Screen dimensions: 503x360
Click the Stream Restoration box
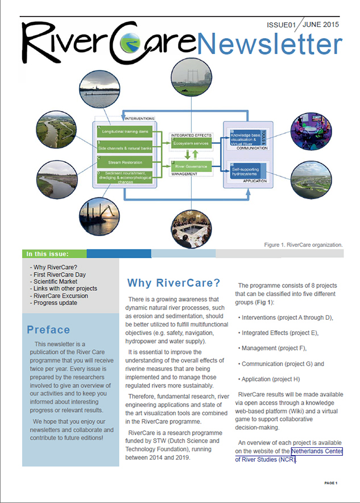tap(123, 163)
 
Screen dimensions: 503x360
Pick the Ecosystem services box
tap(191, 144)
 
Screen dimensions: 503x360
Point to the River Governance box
tap(191, 167)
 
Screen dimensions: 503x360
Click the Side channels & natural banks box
tap(123, 147)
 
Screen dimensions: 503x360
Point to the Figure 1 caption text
tap(304, 245)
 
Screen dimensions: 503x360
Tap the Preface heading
tap(48, 330)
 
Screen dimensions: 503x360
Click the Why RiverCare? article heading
tap(173, 283)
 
